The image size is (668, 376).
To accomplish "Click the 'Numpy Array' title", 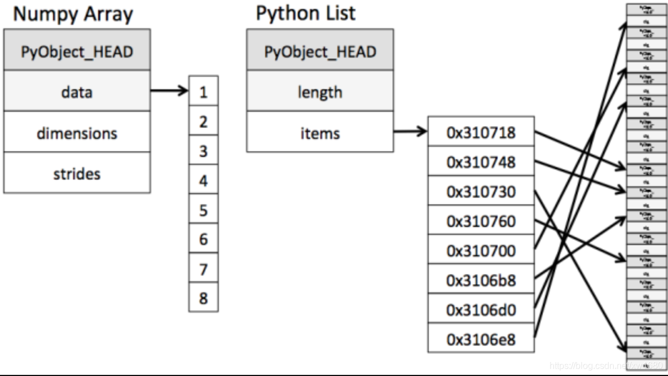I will click(73, 15).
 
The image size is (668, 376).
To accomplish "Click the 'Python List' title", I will click(306, 13).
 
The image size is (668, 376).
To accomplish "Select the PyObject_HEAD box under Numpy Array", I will click(77, 52).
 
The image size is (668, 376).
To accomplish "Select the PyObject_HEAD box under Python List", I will click(320, 52).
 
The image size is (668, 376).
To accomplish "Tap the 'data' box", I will click(77, 92).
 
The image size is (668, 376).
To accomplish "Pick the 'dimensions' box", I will click(77, 133).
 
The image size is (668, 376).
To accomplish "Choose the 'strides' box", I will click(77, 173).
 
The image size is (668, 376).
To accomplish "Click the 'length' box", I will click(320, 92).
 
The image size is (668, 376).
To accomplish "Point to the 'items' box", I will click(320, 133).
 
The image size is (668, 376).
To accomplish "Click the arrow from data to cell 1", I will click(169, 90).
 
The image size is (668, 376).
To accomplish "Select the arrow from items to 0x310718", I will click(410, 132).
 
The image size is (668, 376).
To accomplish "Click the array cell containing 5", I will click(203, 210).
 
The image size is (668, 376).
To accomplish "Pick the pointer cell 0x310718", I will click(481, 133).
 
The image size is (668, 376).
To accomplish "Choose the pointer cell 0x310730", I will click(481, 192).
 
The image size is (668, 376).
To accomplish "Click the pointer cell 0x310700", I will click(481, 251).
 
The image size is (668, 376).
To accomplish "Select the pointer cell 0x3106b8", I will click(481, 280).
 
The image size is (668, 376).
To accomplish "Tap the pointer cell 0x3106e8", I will click(481, 339).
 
